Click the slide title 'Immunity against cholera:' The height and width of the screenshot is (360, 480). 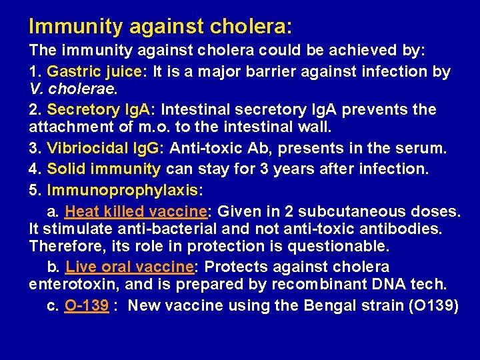click(160, 27)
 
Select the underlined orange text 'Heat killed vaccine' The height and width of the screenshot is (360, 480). click(136, 212)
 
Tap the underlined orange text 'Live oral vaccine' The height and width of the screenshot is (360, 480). click(129, 267)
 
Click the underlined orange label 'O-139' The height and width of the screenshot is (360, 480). click(87, 306)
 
